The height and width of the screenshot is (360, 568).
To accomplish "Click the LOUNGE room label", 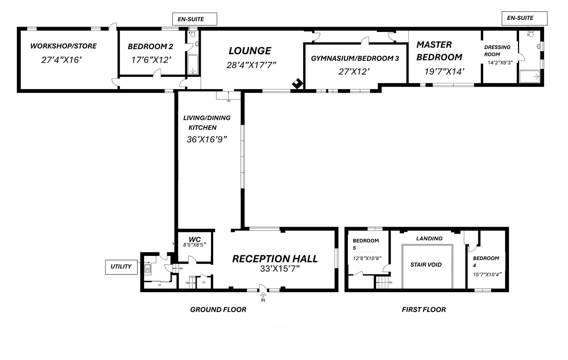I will (250, 51).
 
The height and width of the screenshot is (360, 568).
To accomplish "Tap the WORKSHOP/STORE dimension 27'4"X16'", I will (61, 60).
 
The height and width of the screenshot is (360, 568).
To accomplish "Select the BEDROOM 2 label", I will (150, 47).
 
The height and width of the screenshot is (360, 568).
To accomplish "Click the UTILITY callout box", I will (121, 267).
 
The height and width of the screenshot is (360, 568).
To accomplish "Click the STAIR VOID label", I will (426, 265).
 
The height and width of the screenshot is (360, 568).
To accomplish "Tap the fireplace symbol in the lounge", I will (297, 83).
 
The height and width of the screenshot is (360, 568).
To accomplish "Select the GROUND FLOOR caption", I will (218, 310).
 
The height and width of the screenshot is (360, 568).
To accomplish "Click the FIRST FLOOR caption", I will (424, 310).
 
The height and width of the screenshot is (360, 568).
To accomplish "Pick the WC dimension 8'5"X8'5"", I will (194, 245).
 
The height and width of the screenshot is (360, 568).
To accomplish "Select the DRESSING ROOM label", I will (497, 51).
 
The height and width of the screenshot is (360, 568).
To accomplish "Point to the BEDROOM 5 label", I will (366, 244).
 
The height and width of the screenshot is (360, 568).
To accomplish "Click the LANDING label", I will (429, 238).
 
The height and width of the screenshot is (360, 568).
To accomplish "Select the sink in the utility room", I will (147, 267).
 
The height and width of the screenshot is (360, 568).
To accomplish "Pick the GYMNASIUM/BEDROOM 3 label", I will (355, 59).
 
